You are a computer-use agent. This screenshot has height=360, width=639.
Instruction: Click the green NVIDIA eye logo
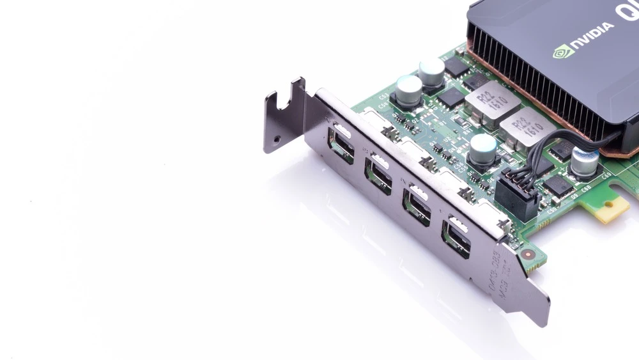562,51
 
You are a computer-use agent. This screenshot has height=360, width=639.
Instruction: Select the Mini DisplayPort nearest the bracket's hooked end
341,145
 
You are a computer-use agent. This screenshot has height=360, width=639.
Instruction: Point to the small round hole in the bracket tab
277,137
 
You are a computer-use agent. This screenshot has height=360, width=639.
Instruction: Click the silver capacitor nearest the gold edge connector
585,161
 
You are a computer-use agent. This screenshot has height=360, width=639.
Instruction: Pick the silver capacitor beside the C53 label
408,90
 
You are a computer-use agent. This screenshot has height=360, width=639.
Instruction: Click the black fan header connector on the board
516,194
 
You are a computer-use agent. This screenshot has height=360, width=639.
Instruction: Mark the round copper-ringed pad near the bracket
528,254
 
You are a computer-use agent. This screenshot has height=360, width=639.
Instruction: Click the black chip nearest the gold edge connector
558,186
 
